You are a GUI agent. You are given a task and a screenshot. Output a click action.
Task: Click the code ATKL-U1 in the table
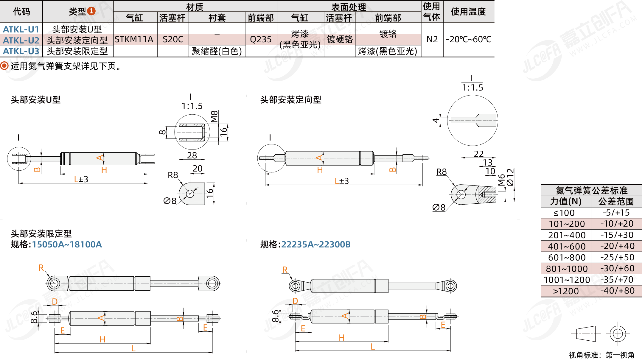[x=21, y=29]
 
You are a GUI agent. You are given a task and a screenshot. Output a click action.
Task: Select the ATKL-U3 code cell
[x=21, y=51]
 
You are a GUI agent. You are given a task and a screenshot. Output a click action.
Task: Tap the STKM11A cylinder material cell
[x=134, y=39]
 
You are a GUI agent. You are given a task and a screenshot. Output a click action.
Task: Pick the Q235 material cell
[x=261, y=39]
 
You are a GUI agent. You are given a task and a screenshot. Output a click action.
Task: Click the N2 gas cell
[x=432, y=39]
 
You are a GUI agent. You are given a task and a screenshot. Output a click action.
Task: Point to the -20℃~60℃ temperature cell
[x=468, y=39]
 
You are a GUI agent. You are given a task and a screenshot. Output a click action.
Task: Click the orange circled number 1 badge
[x=91, y=11]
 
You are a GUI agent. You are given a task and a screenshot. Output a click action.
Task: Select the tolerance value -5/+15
[x=616, y=213]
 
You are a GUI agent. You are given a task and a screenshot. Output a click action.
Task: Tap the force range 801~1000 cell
[x=567, y=269]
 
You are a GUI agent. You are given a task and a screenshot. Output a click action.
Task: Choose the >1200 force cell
[x=566, y=291]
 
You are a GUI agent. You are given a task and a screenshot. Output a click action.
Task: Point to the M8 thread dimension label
[x=214, y=116]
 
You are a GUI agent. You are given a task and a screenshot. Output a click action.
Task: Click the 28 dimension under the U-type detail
[x=192, y=155]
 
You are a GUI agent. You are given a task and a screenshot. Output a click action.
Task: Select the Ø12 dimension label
[x=510, y=177]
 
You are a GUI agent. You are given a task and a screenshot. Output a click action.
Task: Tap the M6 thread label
[x=502, y=180]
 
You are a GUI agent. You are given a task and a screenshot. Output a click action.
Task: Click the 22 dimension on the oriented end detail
[x=478, y=154]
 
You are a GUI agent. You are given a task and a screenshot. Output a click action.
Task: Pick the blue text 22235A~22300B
[x=316, y=244]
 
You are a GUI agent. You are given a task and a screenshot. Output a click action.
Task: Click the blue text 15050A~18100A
[x=67, y=244]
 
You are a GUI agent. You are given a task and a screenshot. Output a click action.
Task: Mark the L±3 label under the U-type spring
[x=81, y=179]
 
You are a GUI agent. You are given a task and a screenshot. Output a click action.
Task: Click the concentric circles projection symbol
[x=618, y=333]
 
